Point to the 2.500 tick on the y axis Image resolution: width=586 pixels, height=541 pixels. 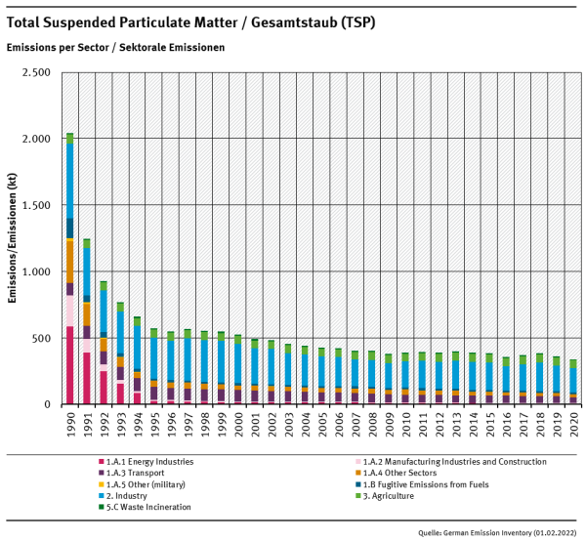(35, 73)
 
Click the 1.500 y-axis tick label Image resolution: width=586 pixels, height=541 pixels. (35, 206)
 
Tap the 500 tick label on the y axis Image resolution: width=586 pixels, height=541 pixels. (41, 339)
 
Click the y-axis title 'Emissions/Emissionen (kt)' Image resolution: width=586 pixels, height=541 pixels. (14, 239)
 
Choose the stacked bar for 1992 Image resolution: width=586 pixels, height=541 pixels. (104, 343)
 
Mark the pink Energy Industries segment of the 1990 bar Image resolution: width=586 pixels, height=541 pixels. (69, 365)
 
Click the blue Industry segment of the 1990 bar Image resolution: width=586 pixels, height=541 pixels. (69, 181)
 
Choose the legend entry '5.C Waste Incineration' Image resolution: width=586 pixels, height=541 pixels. (142, 507)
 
